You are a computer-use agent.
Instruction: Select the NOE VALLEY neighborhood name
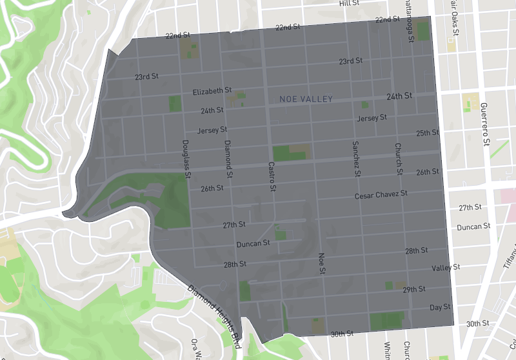[306, 99]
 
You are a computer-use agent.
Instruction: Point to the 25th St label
[427, 133]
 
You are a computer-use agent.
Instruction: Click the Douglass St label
[186, 159]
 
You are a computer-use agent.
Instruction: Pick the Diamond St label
[228, 159]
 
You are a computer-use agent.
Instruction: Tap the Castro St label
[272, 176]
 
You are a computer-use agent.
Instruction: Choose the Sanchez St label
[355, 159]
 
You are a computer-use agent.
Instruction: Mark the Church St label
[399, 159]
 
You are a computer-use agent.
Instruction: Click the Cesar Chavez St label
[381, 194]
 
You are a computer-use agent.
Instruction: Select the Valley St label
[446, 267]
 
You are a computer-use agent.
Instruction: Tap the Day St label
[440, 307]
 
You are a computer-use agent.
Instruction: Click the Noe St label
[321, 264]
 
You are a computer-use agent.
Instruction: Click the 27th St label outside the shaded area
[470, 208]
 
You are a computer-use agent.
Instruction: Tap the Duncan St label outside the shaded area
[473, 227]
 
